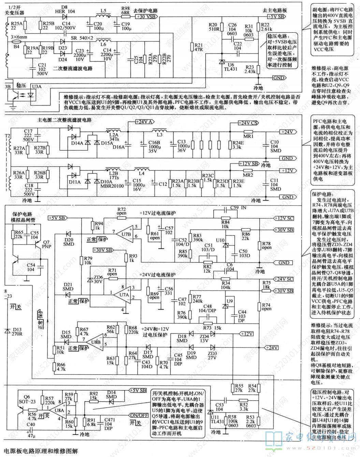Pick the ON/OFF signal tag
pos(139,415)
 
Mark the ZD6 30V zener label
pos(98,279)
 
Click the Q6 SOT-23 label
pos(27,399)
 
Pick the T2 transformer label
pos(7,135)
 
